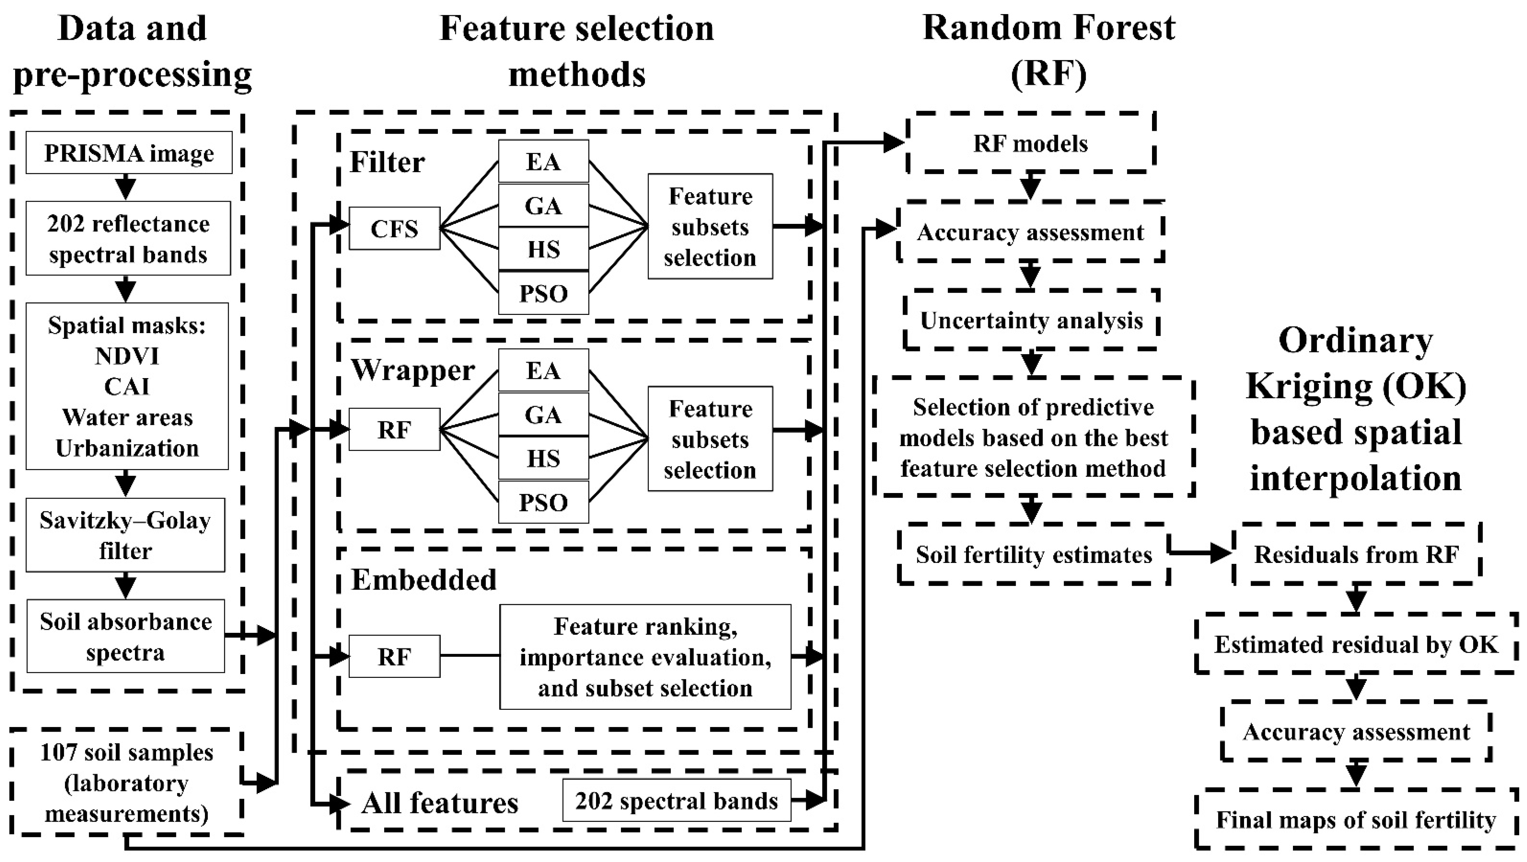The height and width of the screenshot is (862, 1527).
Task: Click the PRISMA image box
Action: pos(129,153)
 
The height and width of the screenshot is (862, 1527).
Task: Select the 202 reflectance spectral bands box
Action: pos(128,238)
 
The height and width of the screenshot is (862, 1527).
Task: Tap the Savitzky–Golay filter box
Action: pos(125,535)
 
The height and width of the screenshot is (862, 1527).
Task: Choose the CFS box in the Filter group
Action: pos(394,228)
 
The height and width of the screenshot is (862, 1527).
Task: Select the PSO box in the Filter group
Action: pos(543,293)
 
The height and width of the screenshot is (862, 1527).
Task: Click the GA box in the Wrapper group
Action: pos(543,414)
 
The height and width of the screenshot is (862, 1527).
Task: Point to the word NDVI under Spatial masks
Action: pos(127,356)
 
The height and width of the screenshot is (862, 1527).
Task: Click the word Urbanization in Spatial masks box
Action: pos(127,448)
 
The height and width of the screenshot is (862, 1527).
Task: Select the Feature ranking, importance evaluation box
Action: pos(645,657)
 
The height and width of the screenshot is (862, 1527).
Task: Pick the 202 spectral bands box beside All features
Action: pos(677,801)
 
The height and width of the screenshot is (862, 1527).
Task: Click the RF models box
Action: pos(1030,143)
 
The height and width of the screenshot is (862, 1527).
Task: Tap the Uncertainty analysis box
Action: pos(1031,320)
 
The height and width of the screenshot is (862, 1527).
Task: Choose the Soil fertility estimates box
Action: pos(1033,554)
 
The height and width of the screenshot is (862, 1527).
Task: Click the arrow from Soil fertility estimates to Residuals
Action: pos(1201,553)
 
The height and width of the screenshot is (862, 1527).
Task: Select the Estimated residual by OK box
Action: pos(1356,644)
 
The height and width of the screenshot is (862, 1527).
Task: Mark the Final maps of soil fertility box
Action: pos(1356,819)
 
